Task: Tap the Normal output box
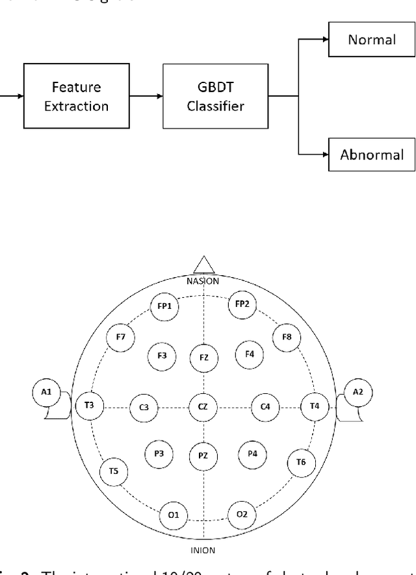[371, 40]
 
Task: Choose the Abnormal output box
[371, 154]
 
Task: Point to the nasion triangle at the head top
[204, 264]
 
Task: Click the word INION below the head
[203, 550]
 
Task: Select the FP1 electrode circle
[164, 305]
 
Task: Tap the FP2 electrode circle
[242, 304]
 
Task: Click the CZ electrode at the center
[203, 407]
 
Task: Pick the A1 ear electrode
[46, 393]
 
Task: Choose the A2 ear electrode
[358, 393]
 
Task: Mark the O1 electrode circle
[174, 515]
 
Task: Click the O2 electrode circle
[242, 515]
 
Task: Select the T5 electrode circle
[114, 471]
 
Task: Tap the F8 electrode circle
[287, 337]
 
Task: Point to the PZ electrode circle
[203, 457]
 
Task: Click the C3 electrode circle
[144, 407]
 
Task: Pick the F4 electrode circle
[249, 354]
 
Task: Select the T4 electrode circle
[315, 406]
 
